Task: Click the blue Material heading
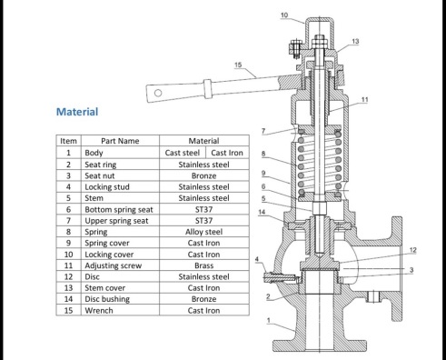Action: coord(77,112)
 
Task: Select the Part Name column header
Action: coord(120,141)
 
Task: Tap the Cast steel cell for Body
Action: coord(183,153)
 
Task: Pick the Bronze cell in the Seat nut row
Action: coord(203,175)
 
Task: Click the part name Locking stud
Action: coord(107,187)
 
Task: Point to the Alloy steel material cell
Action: coord(203,232)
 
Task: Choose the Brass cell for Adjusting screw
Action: coord(203,265)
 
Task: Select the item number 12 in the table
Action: coord(69,276)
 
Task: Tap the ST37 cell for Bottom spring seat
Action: coord(203,209)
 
